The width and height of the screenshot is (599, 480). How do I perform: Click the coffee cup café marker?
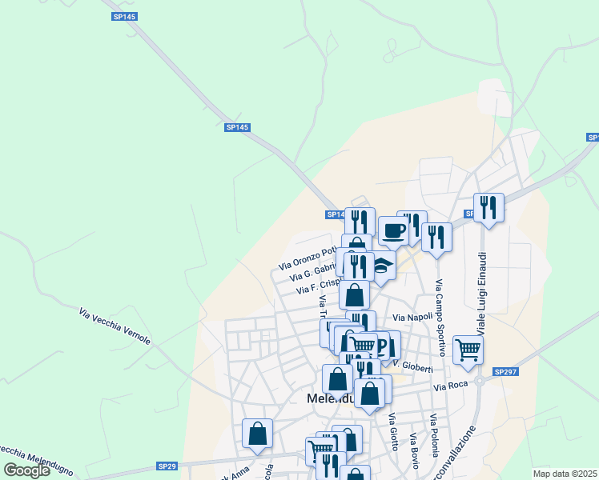(393, 231)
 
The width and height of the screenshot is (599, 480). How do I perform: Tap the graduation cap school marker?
(384, 268)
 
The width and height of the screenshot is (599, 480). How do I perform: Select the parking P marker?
(383, 346)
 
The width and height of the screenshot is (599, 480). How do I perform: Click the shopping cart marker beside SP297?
(468, 350)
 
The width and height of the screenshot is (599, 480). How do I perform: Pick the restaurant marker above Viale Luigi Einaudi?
(488, 208)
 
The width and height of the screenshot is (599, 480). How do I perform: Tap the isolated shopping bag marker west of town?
(257, 434)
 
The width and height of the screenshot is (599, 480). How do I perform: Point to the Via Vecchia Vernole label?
(115, 326)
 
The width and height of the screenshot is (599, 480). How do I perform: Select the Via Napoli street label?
(414, 318)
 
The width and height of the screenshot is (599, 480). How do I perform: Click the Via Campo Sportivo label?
(440, 318)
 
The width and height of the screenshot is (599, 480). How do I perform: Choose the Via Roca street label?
(450, 386)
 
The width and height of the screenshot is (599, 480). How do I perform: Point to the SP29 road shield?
(167, 466)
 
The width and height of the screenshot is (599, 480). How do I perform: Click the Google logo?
(27, 470)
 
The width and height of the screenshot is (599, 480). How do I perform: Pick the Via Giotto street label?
(392, 431)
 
